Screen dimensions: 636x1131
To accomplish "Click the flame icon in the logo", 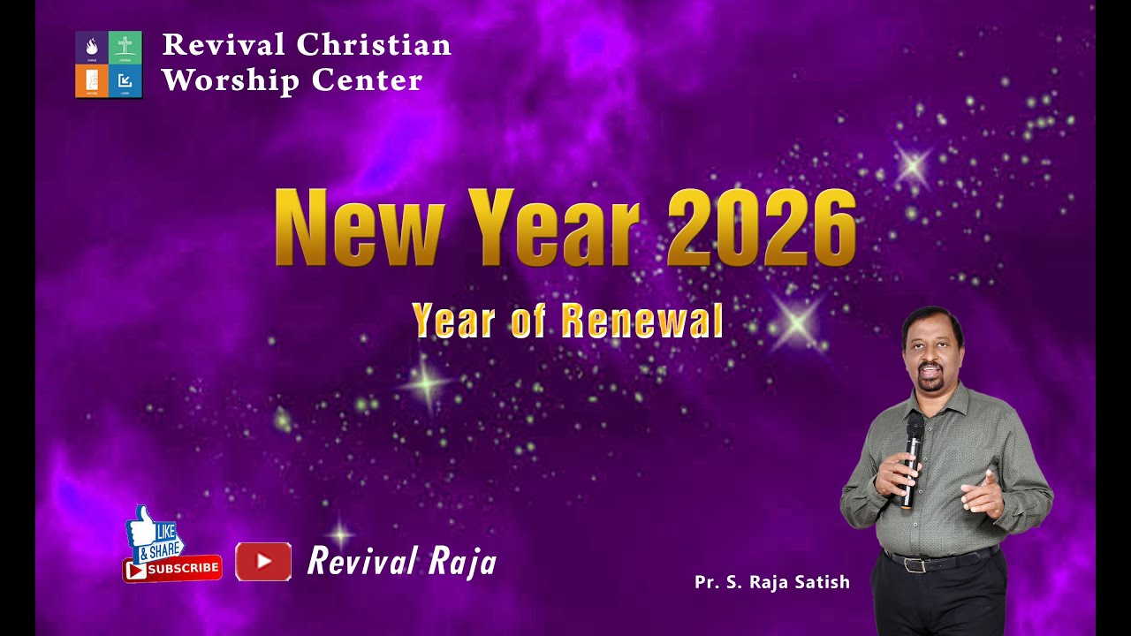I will (92, 46).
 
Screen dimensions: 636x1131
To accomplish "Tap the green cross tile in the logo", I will (125, 47).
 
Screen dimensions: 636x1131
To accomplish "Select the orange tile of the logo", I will (92, 80).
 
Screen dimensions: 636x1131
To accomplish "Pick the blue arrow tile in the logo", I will (125, 80).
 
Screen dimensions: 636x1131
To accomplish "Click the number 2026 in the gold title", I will (762, 228).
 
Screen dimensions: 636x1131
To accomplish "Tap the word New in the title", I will (358, 228).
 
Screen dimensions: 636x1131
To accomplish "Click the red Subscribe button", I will (173, 569).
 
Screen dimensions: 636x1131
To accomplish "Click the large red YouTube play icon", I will (263, 562).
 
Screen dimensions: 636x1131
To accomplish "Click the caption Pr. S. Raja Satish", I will (771, 582).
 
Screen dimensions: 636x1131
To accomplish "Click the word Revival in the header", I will (223, 44).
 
